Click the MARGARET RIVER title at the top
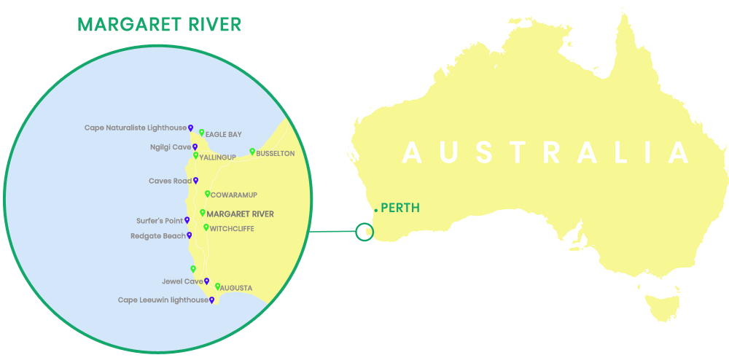tap(159, 25)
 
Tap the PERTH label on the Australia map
tap(400, 208)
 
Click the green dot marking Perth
tap(375, 210)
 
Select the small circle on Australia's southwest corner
tap(364, 233)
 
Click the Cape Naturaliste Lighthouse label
tap(136, 128)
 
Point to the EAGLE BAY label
tap(223, 134)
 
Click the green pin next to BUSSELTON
tap(252, 152)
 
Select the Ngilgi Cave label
tap(170, 147)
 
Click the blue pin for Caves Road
tap(195, 180)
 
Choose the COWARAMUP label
tap(233, 195)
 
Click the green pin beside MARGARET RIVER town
tap(203, 213)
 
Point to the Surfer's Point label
tap(159, 220)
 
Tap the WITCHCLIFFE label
tap(231, 228)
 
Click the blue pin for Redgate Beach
tap(190, 235)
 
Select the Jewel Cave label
tap(182, 281)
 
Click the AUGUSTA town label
tap(236, 288)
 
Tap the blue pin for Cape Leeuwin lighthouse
tap(211, 299)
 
